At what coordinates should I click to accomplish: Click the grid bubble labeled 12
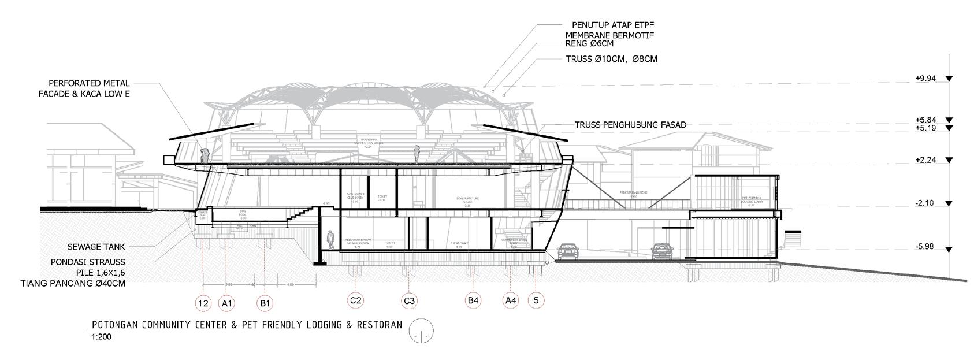pyautogui.click(x=203, y=303)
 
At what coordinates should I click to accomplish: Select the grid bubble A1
pyautogui.click(x=227, y=303)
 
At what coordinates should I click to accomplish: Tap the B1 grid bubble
pyautogui.click(x=266, y=303)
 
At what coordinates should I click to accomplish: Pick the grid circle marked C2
pyautogui.click(x=355, y=300)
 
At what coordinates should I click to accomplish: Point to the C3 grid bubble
pyautogui.click(x=410, y=300)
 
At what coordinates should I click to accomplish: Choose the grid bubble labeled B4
pyautogui.click(x=473, y=300)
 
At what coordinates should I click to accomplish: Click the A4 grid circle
pyautogui.click(x=511, y=300)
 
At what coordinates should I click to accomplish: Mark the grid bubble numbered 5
pyautogui.click(x=536, y=300)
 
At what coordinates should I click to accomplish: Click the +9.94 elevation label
pyautogui.click(x=925, y=79)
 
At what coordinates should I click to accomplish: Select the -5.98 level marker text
pyautogui.click(x=925, y=247)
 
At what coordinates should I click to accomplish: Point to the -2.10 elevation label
pyautogui.click(x=925, y=203)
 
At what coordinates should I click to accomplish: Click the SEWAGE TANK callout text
pyautogui.click(x=101, y=246)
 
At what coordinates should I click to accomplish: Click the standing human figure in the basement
pyautogui.click(x=330, y=240)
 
